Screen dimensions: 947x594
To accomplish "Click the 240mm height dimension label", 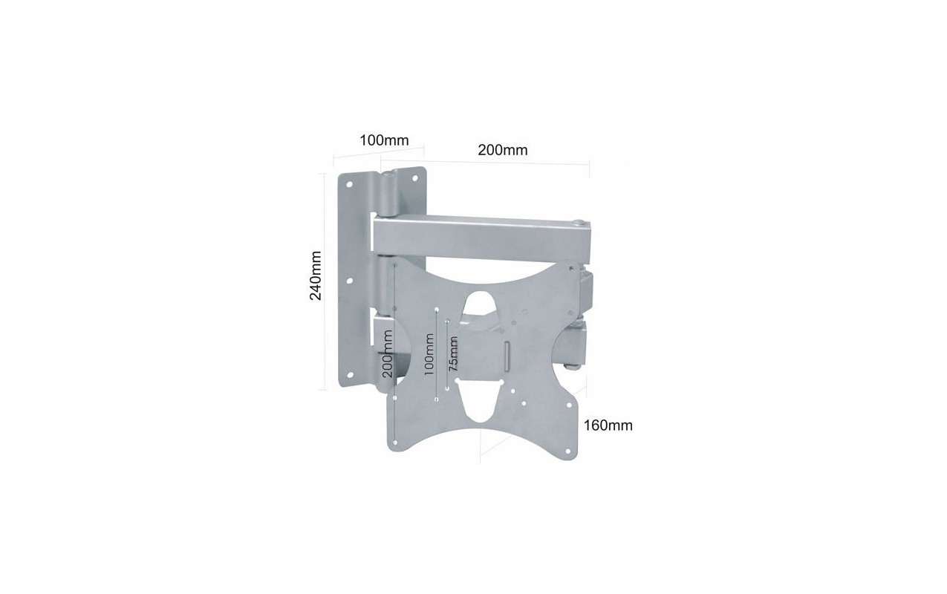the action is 316,275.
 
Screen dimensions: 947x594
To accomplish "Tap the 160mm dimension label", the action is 608,425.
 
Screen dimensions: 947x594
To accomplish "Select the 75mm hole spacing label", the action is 453,354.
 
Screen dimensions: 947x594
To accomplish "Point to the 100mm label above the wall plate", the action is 384,140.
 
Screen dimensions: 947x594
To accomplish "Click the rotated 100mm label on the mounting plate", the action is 429,355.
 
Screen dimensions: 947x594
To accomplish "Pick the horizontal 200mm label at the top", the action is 503,150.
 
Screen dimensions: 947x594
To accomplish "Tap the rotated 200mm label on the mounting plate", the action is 387,353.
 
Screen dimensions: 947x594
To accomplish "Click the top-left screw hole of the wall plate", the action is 350,184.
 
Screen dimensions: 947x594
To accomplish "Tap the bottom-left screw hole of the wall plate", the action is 350,375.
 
